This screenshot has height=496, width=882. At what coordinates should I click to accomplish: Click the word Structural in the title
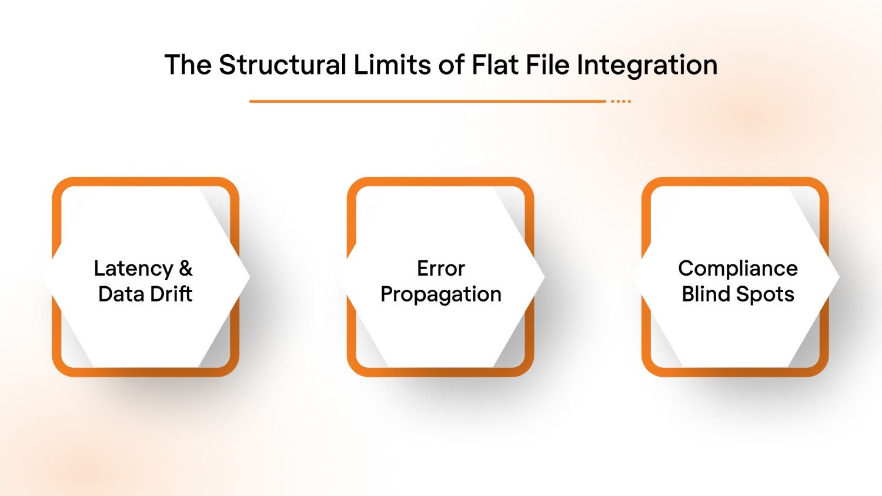click(x=282, y=65)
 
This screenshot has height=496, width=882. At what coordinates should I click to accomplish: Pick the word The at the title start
click(x=188, y=65)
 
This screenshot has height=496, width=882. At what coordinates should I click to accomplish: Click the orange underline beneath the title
click(x=427, y=101)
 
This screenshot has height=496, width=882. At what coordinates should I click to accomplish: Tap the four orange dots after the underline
click(x=621, y=101)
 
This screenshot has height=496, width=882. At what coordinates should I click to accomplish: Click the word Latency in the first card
click(x=133, y=269)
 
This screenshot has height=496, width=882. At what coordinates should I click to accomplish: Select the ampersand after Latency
click(x=186, y=269)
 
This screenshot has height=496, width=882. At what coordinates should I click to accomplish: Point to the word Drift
click(x=170, y=294)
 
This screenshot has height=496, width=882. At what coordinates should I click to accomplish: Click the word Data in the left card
click(x=120, y=294)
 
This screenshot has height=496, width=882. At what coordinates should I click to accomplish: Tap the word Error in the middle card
click(x=440, y=269)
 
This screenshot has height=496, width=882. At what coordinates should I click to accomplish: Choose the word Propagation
click(x=440, y=294)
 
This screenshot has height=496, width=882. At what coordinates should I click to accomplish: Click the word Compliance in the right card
click(x=737, y=269)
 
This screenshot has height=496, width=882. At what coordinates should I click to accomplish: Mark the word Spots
click(x=767, y=294)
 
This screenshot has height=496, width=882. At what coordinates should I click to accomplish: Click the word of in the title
click(x=451, y=65)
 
